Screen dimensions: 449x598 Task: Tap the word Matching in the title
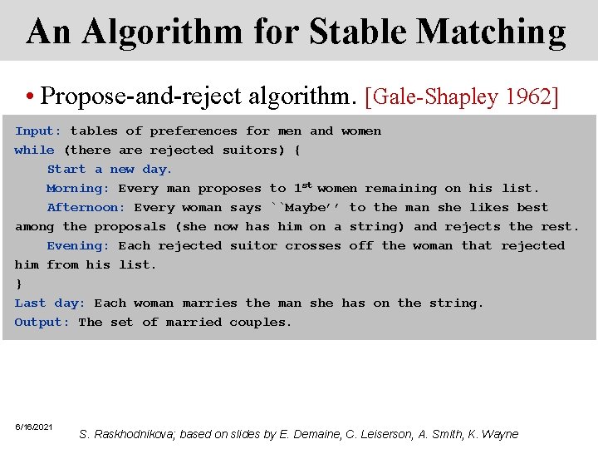coord(492,32)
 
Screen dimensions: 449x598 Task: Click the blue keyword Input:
coord(38,131)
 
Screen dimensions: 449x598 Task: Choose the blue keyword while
coord(34,150)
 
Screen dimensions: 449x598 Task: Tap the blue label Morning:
coord(78,189)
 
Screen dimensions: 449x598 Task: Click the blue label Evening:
coord(78,246)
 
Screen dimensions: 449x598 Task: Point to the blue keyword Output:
coord(42,323)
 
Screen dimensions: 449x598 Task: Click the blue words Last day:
coord(50,303)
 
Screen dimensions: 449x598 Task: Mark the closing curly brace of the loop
coord(18,284)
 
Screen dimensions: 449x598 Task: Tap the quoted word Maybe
coord(305,208)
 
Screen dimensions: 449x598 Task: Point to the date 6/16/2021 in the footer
coord(34,427)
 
